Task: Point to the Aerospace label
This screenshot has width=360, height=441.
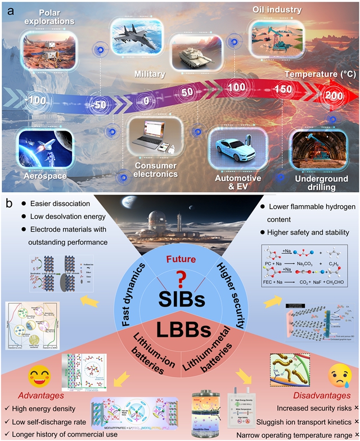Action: coord(39,176)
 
